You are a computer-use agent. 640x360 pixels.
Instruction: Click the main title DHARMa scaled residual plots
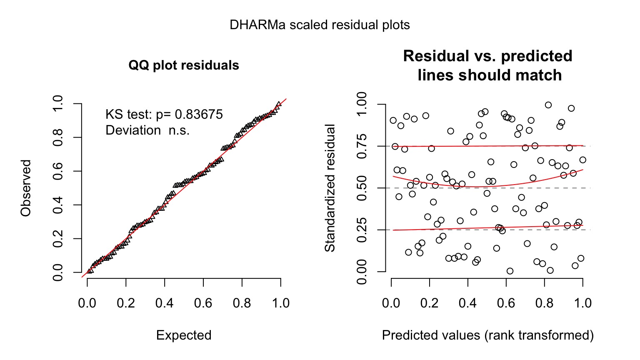320,25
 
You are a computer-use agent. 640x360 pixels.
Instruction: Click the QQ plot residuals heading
184,65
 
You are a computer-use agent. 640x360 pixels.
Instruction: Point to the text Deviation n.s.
147,130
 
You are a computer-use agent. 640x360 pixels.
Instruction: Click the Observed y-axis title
26,188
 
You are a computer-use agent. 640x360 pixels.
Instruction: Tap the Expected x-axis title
184,335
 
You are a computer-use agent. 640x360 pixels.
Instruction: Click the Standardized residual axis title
330,188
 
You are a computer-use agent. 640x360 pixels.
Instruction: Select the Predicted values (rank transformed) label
487,335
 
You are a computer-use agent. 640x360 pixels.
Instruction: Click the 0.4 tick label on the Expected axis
164,303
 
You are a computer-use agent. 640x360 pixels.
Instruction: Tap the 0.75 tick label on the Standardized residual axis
362,146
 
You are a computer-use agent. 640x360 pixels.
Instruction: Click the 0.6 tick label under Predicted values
506,303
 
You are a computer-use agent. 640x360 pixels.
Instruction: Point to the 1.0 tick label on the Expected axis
280,303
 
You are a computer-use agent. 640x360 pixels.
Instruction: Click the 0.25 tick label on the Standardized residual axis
362,230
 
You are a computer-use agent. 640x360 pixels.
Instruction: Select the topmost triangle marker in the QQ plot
278,104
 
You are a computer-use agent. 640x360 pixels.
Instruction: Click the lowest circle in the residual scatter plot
510,271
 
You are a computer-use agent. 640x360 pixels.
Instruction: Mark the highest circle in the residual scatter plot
548,105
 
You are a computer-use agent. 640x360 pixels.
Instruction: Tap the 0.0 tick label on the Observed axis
58,272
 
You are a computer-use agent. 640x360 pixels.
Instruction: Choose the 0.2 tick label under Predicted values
430,303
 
